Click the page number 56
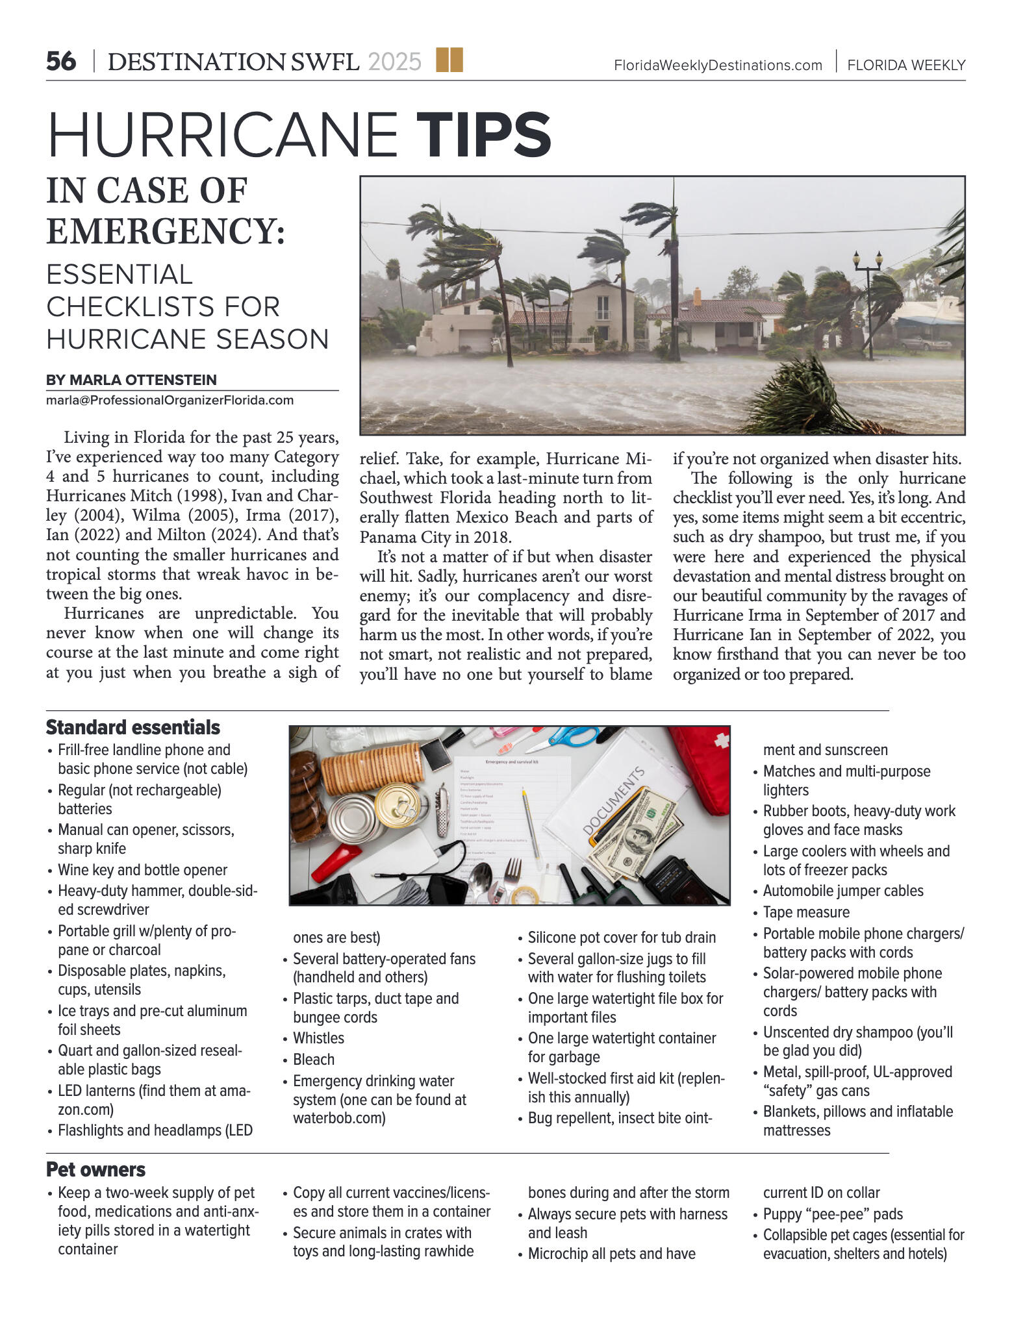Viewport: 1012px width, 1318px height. coord(61,62)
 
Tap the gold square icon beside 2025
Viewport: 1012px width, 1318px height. coord(449,60)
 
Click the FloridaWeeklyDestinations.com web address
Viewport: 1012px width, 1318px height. coord(718,66)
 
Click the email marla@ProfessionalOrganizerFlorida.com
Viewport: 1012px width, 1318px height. coord(170,400)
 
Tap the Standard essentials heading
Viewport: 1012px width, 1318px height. coord(133,727)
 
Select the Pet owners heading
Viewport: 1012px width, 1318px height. coord(95,1169)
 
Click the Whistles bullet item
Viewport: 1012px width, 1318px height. coord(318,1038)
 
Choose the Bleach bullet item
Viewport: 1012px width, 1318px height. coord(314,1060)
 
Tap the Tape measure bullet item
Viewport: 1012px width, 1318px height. coord(806,912)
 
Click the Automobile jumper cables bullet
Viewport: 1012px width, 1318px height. coord(842,891)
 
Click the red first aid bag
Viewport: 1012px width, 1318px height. coord(702,766)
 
